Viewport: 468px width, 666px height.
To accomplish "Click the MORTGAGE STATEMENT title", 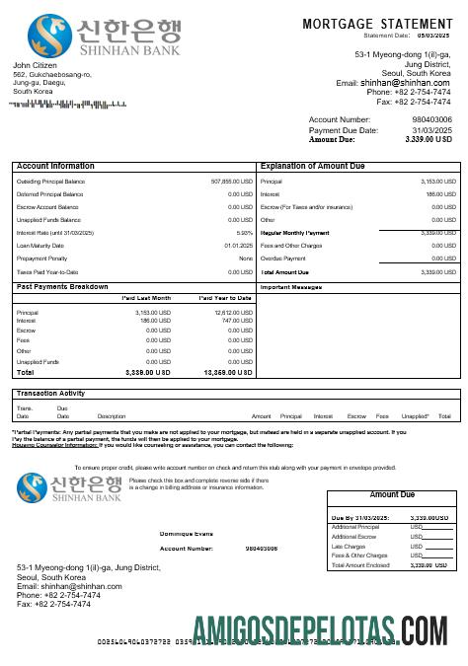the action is [377, 23].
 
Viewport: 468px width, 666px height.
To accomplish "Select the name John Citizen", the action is [35, 65].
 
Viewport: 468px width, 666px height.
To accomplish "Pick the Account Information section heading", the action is [55, 167].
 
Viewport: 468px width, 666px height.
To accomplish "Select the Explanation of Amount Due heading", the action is [316, 167].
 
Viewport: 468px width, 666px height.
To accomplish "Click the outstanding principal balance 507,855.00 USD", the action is [232, 182].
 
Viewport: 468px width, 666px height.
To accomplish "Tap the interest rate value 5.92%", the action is [245, 233].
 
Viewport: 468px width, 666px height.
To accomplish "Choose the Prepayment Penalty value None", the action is [246, 259].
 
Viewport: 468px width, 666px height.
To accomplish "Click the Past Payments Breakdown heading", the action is [62, 286].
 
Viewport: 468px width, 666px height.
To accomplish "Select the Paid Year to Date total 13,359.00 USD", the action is [228, 373].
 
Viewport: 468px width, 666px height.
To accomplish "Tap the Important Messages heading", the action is [292, 287].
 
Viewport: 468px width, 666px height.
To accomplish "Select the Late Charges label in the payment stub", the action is [348, 546].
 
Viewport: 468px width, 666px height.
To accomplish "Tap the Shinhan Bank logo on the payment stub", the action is [67, 486].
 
